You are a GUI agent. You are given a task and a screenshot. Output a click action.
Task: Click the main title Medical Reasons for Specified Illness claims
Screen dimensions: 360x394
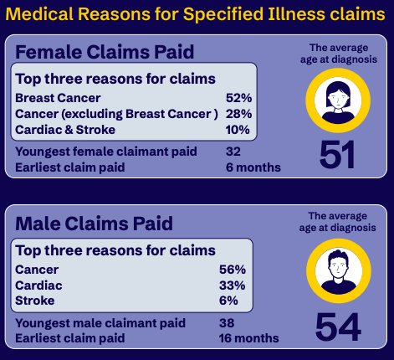coord(197,14)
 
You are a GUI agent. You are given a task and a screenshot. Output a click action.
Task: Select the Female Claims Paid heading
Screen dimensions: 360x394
coord(104,52)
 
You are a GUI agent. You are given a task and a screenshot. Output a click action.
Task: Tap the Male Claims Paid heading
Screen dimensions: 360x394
coord(94,224)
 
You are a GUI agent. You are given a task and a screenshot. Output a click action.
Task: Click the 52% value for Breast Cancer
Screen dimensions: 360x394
coord(238,98)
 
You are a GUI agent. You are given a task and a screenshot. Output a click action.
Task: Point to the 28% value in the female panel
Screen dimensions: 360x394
coord(238,114)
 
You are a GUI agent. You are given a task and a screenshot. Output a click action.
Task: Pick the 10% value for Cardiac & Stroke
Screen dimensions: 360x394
coord(238,130)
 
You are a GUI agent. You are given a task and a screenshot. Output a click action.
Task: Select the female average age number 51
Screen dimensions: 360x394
coord(338,157)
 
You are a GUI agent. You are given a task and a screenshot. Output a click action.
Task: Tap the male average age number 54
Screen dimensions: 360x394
coord(338,327)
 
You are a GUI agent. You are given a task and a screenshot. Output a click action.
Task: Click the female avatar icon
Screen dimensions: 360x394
coord(338,100)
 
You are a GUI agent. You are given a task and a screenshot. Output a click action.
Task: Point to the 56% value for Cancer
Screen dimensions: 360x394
coord(232,270)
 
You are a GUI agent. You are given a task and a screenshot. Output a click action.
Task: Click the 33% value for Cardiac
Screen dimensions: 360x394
coord(232,285)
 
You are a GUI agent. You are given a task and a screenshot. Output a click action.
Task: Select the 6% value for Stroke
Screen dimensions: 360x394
coord(228,301)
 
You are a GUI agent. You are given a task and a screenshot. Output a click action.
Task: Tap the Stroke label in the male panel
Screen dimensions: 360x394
coord(34,301)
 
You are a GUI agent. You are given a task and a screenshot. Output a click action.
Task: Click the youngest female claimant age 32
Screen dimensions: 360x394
coord(233,152)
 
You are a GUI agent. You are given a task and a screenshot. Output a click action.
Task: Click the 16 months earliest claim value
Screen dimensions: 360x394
coord(251,338)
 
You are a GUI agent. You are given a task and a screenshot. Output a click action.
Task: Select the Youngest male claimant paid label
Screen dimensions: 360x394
coord(100,322)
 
